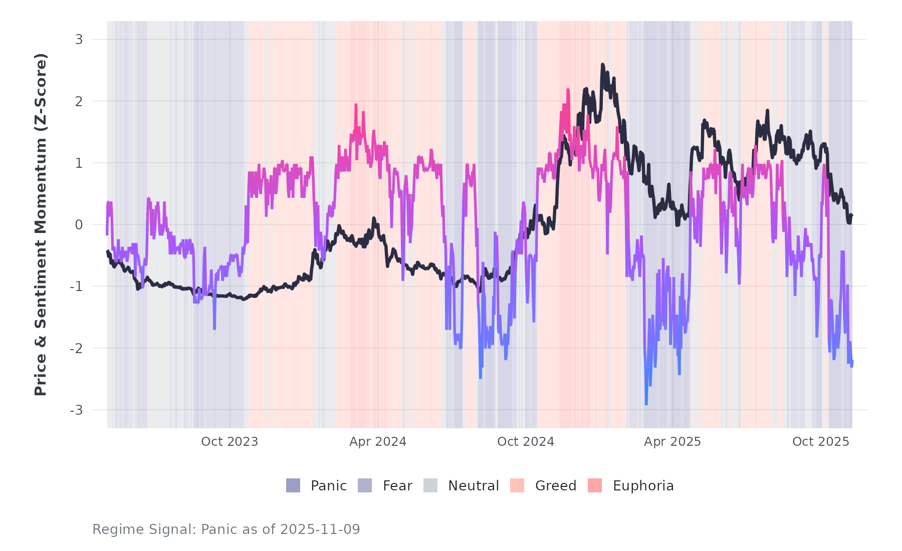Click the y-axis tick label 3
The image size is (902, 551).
tap(79, 39)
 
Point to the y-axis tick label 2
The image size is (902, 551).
tap(79, 101)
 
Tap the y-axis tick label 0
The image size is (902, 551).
tap(79, 225)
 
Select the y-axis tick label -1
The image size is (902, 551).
tap(76, 287)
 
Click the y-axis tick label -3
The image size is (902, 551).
tap(76, 410)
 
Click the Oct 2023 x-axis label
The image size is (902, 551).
tap(230, 442)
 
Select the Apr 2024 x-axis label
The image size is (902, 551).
tap(378, 442)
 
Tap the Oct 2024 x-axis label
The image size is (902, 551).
tap(526, 442)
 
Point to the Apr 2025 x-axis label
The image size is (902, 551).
tap(672, 442)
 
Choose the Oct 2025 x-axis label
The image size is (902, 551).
tap(821, 442)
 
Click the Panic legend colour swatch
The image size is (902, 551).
tap(293, 485)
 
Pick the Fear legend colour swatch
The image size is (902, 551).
tap(365, 485)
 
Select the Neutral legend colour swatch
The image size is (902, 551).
tap(430, 485)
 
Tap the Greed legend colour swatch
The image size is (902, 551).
tap(517, 485)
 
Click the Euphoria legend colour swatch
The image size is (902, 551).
tap(595, 485)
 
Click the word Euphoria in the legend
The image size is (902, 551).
tap(643, 486)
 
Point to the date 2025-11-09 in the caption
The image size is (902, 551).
tap(320, 529)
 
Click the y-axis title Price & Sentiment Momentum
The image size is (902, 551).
tap(41, 224)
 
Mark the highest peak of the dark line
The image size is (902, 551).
tap(603, 65)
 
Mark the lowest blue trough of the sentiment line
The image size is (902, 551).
tap(646, 404)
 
